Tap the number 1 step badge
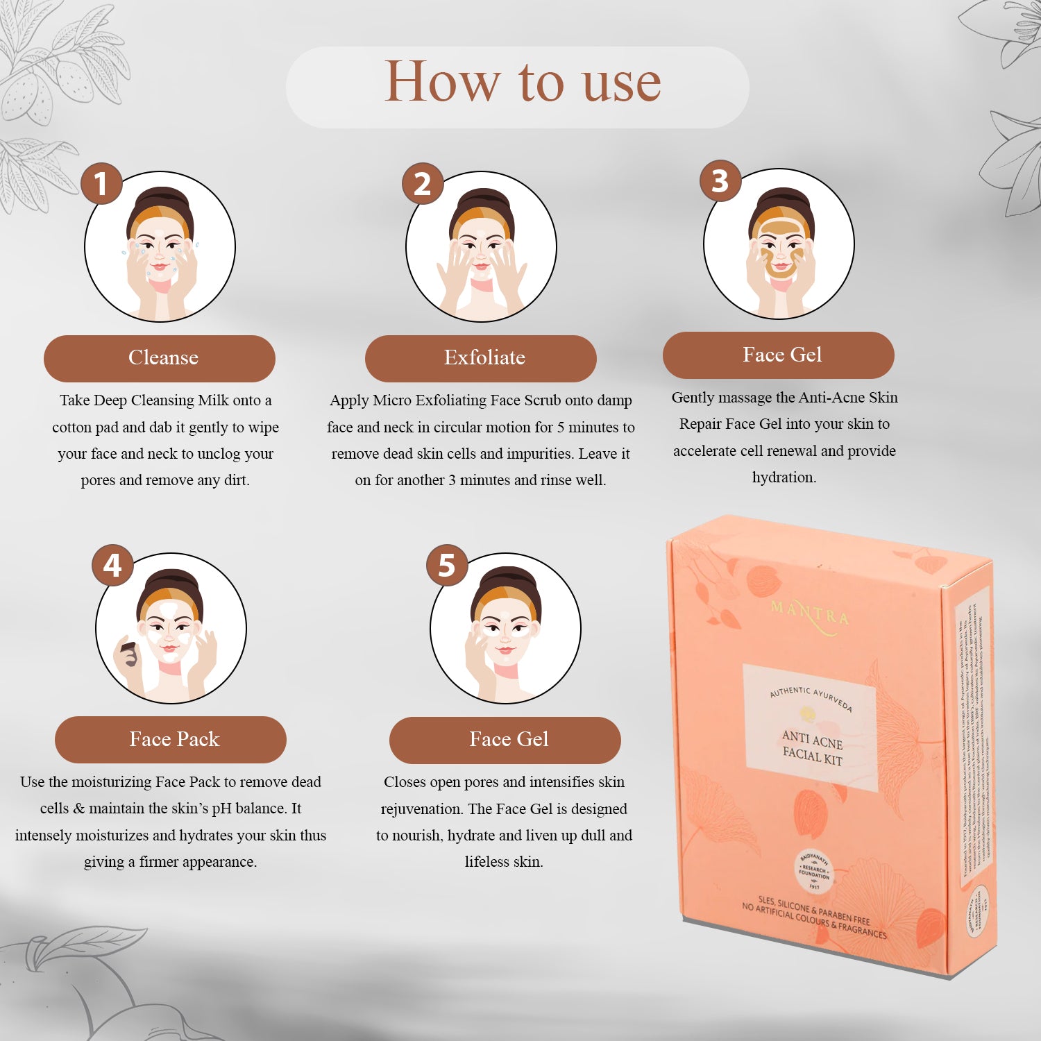click(101, 184)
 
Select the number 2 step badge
click(423, 184)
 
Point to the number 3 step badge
click(720, 181)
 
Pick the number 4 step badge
click(112, 566)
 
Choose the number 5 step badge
click(446, 566)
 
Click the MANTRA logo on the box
click(810, 615)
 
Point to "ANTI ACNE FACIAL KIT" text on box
click(812, 747)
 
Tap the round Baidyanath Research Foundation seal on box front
click(813, 870)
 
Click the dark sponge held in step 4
click(129, 654)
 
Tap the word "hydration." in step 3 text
click(784, 477)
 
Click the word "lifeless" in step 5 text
click(486, 862)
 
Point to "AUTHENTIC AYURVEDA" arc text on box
click(811, 697)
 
